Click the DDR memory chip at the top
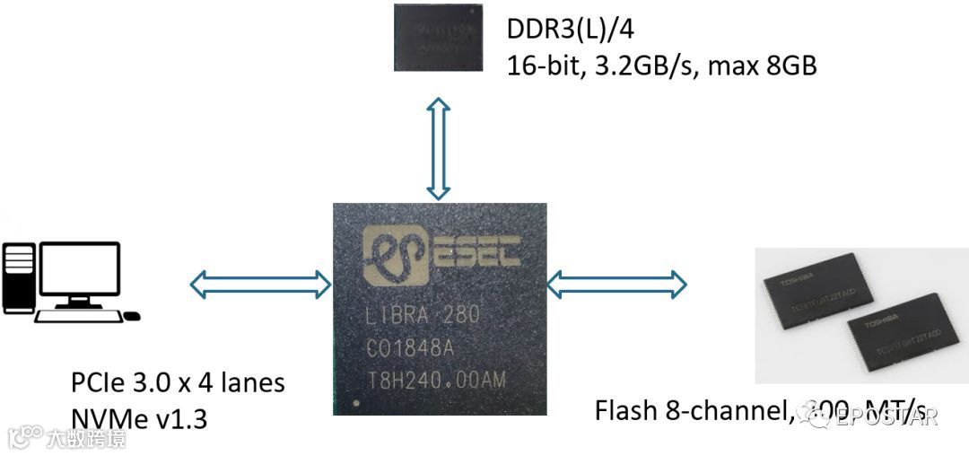point(438,37)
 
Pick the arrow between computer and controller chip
point(260,285)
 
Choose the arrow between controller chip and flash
point(616,285)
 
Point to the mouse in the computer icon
point(131,316)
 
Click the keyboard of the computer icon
point(76,316)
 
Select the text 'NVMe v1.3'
point(138,417)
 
